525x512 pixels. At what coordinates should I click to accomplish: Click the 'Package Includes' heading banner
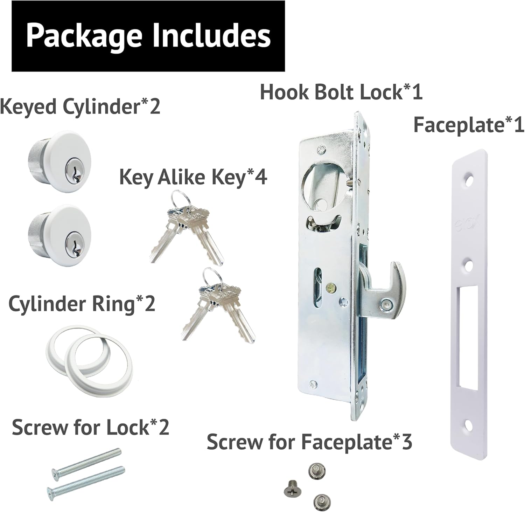[x=148, y=36]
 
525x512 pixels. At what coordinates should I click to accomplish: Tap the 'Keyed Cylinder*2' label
[x=80, y=106]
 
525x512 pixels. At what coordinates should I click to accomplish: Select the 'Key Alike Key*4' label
[x=193, y=177]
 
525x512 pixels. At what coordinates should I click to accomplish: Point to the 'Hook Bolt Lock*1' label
[x=341, y=92]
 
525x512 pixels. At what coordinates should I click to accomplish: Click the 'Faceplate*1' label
[x=469, y=125]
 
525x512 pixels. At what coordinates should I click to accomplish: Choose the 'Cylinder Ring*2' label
[x=82, y=304]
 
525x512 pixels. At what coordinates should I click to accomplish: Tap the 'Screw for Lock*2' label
[x=90, y=427]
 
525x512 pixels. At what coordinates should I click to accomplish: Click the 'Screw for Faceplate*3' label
[x=309, y=442]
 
